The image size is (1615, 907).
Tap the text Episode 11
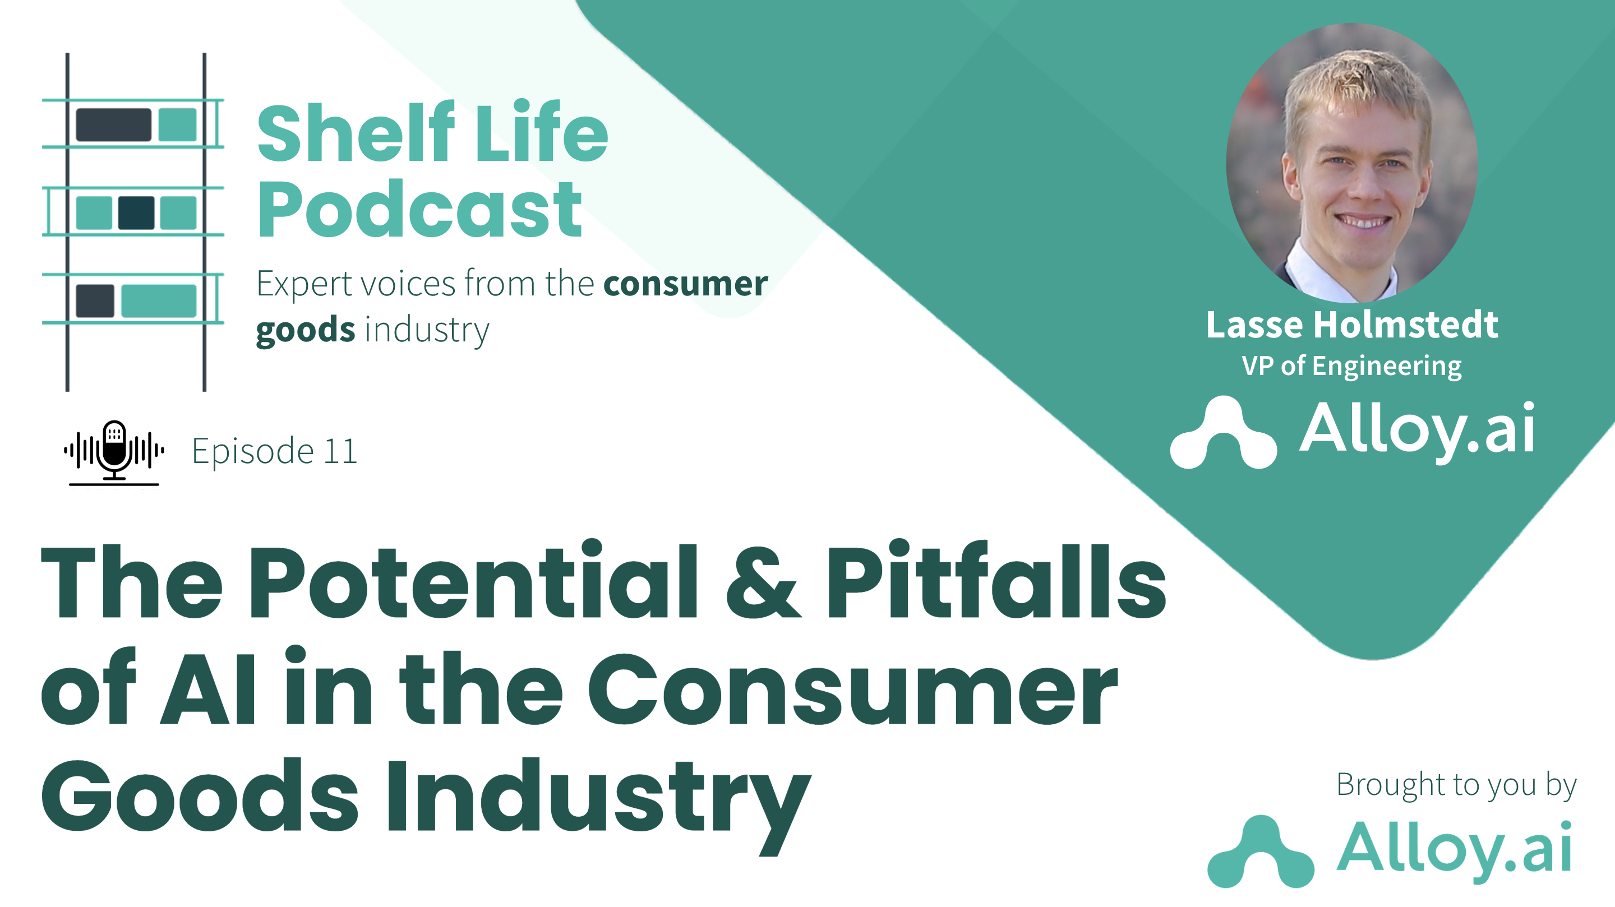coord(274,451)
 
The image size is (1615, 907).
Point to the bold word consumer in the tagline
coord(685,284)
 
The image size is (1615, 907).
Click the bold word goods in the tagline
coord(305,330)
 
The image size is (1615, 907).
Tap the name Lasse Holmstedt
coord(1351,325)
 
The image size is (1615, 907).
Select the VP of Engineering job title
coord(1351,365)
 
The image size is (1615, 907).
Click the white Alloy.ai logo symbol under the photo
coord(1223,434)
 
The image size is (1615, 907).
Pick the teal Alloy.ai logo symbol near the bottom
coord(1261,853)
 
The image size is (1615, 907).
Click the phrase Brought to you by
coord(1456,785)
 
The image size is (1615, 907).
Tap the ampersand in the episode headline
coord(763,582)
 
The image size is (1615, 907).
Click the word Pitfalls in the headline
coord(995,582)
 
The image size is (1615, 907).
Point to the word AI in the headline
coord(208,688)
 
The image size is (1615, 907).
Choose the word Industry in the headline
coord(599,797)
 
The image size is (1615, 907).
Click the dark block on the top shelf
coord(113,124)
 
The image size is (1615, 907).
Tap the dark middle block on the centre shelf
coord(136,212)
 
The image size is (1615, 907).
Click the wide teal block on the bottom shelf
coord(159,301)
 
